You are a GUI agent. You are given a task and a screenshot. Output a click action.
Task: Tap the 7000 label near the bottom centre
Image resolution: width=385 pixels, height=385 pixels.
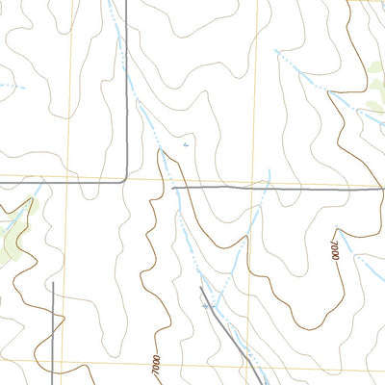(155, 366)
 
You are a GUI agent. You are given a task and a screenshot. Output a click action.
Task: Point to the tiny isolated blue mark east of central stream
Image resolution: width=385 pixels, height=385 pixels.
(186, 144)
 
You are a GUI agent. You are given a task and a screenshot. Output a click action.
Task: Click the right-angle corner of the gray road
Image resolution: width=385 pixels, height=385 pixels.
(127, 179)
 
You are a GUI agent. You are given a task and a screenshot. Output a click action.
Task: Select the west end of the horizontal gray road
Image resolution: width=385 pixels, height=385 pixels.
(173, 189)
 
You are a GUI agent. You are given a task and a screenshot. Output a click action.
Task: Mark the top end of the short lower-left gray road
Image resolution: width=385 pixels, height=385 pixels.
(52, 283)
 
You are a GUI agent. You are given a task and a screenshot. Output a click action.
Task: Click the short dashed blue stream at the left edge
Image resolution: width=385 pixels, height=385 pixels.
(10, 87)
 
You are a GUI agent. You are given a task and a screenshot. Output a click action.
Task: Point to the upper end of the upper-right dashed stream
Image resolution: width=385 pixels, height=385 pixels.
(276, 51)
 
